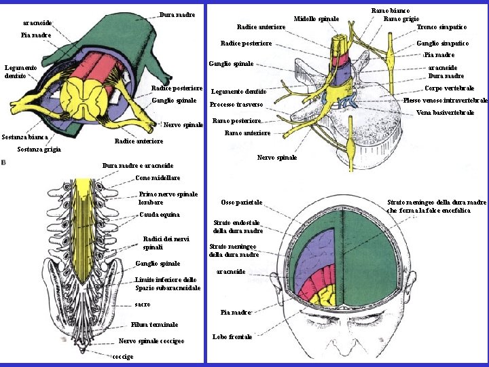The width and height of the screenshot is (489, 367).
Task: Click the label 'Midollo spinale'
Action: pos(316,18)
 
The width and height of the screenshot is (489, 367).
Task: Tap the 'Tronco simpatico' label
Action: pos(441,27)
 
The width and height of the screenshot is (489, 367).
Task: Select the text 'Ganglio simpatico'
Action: pos(442,43)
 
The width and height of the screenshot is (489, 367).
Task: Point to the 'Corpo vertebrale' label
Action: pos(449,88)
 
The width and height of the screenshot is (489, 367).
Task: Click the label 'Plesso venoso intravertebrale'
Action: pos(445,100)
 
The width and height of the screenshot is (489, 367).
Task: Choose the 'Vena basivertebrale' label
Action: pos(445,112)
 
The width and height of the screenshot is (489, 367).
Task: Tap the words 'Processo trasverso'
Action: pos(236,105)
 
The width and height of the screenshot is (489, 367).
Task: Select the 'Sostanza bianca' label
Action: pos(24,137)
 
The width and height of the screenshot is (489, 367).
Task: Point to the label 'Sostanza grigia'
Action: pos(39,149)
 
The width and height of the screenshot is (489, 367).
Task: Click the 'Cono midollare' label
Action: pos(158,177)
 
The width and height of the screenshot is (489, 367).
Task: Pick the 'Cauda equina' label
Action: pos(159,215)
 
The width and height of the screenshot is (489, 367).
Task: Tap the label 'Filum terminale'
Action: pos(155,324)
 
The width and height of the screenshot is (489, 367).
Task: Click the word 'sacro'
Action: pos(143,304)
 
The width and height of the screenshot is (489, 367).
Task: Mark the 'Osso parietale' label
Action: pos(242,203)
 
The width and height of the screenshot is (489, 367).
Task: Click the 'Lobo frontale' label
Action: pos(232,336)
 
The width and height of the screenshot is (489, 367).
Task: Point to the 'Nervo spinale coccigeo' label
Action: pos(151,340)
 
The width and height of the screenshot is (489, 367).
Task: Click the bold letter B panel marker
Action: pos(5,162)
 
